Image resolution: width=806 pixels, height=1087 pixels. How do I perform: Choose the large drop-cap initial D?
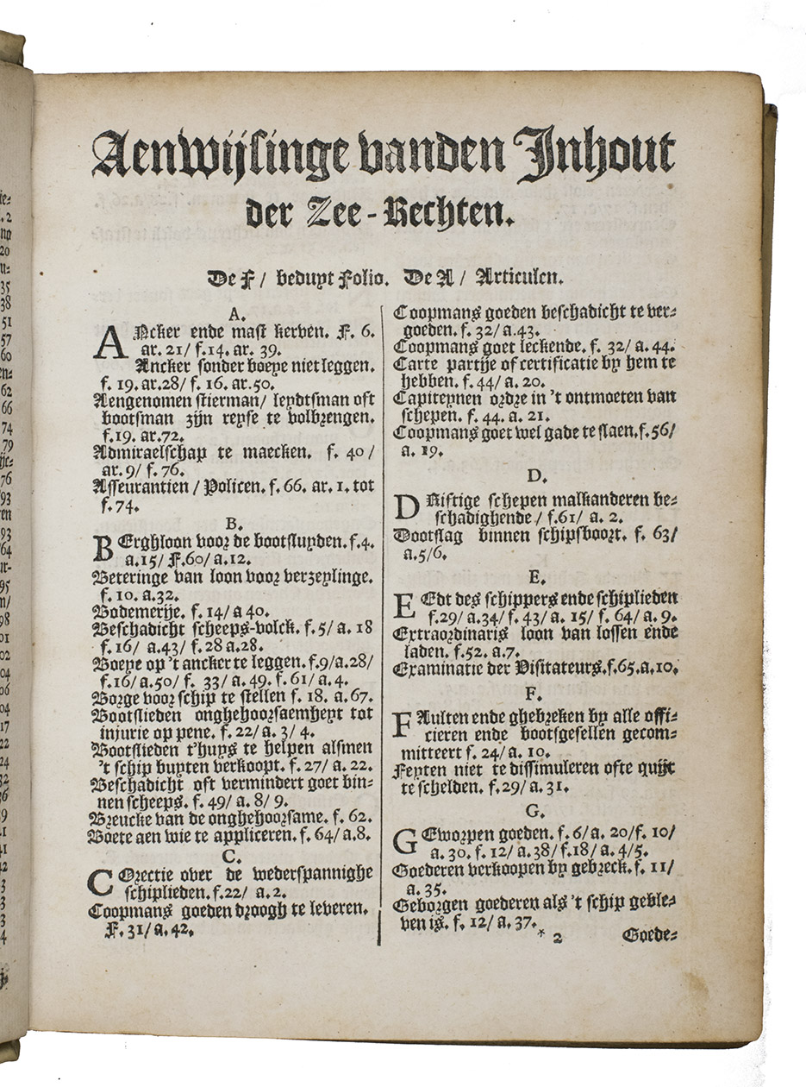(x=406, y=507)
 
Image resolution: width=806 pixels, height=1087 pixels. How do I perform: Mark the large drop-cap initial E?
(x=405, y=606)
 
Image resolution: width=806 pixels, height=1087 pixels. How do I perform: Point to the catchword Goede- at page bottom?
(x=649, y=934)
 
